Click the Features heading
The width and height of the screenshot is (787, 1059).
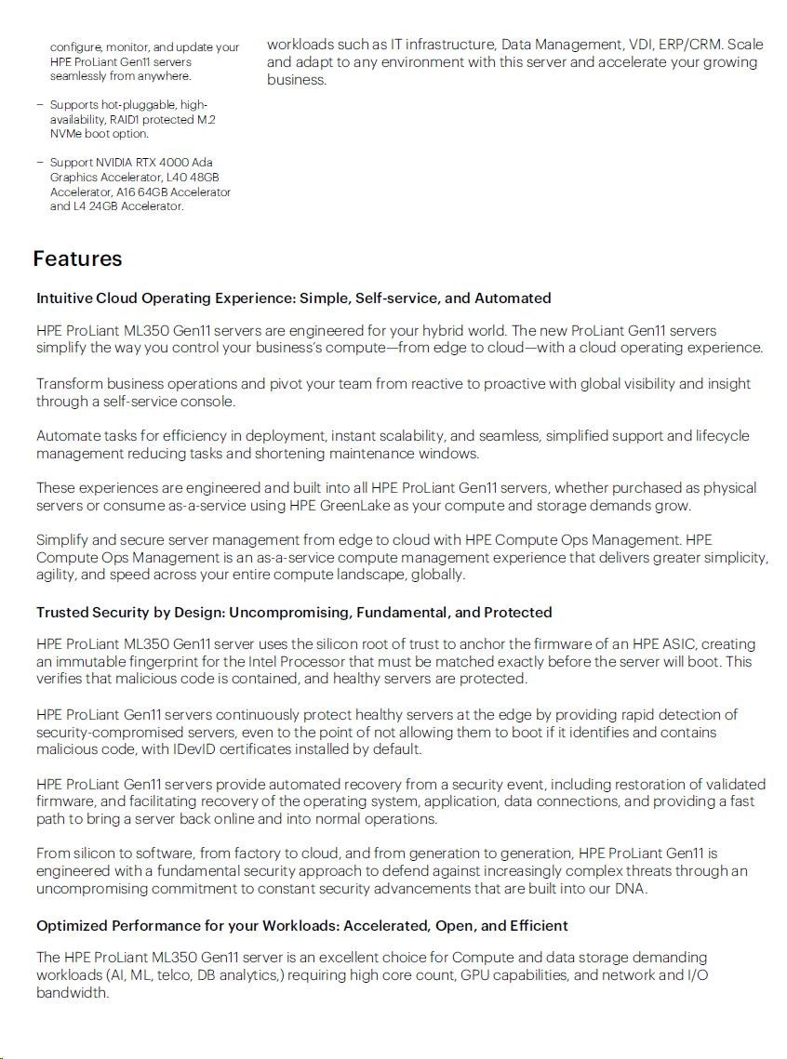pyautogui.click(x=77, y=258)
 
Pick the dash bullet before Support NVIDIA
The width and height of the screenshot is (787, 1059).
pyautogui.click(x=40, y=163)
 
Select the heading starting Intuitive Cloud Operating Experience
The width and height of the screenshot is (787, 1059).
pyautogui.click(x=293, y=298)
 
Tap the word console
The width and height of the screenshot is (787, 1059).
pyautogui.click(x=209, y=402)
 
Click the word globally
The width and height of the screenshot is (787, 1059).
pyautogui.click(x=435, y=575)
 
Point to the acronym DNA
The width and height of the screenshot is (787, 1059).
pyautogui.click(x=630, y=889)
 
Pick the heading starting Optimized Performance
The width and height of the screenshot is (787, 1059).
pyautogui.click(x=302, y=926)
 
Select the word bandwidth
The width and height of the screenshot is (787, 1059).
pyautogui.click(x=73, y=993)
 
